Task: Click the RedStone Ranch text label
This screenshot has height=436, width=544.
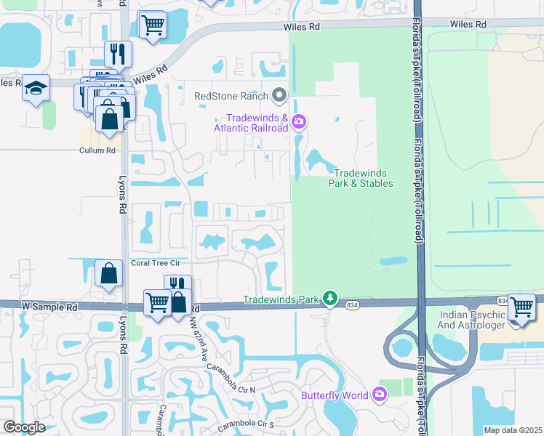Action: [x=231, y=95]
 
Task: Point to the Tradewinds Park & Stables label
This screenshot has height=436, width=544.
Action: [x=364, y=178]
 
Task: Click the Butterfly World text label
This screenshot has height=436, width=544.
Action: [x=335, y=396]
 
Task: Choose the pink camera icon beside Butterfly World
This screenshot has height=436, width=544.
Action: [x=379, y=395]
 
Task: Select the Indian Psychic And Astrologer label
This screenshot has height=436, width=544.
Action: [x=472, y=320]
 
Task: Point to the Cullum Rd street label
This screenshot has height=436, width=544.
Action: [x=97, y=150]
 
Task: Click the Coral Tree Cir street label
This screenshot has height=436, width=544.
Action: [x=154, y=263]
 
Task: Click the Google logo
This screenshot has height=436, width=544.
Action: [x=23, y=427]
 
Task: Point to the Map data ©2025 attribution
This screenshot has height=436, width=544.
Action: [x=513, y=430]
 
